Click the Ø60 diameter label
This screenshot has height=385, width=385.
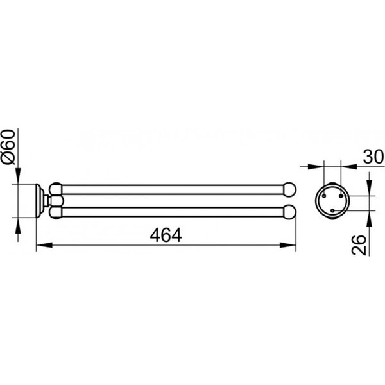(x=8, y=146)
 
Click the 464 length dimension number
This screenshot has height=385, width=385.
(x=166, y=235)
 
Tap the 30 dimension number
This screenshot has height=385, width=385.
(x=373, y=157)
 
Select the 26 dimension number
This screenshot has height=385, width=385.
(x=359, y=245)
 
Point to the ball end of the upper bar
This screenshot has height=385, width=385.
(x=290, y=189)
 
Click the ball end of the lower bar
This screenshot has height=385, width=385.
(x=290, y=212)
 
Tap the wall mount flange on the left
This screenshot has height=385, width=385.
(x=40, y=201)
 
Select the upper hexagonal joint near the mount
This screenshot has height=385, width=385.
(x=56, y=189)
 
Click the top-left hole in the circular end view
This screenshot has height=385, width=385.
(x=324, y=196)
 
